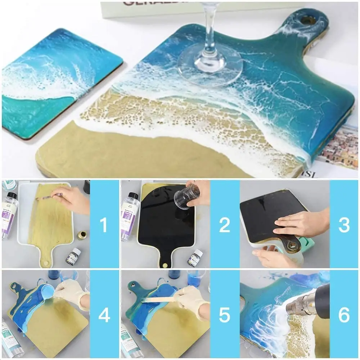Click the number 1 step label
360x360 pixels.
[104, 225]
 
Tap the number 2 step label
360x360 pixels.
[224, 225]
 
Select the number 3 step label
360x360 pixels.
[344, 225]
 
